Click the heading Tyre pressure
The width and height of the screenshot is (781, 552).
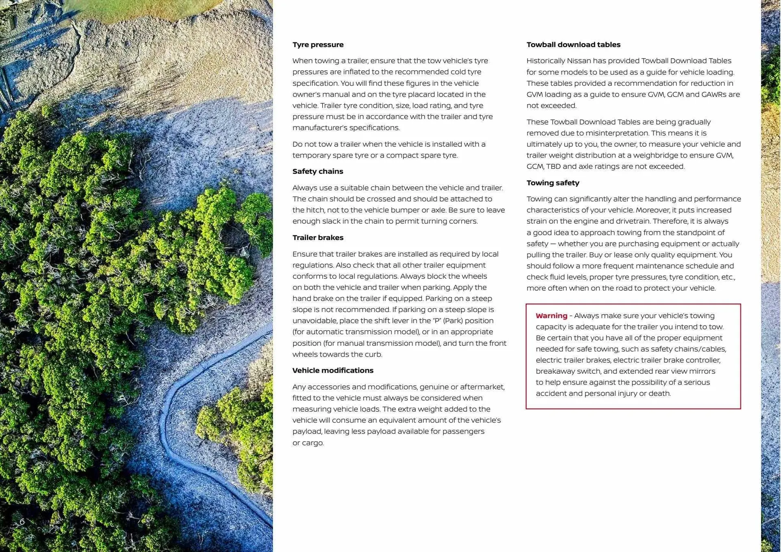coord(318,45)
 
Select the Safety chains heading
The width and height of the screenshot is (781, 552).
coord(318,171)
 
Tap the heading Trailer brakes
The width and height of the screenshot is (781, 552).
coord(318,238)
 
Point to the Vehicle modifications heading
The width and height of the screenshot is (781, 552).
coord(333,371)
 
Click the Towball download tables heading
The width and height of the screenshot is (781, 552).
coord(573,45)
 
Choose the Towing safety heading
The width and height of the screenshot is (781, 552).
coord(552,183)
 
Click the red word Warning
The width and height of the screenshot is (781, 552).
coord(551,316)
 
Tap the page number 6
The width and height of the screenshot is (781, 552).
coord(22,521)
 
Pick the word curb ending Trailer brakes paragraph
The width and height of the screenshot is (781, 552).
coord(374,354)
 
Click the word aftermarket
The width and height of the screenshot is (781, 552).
coord(484,387)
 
